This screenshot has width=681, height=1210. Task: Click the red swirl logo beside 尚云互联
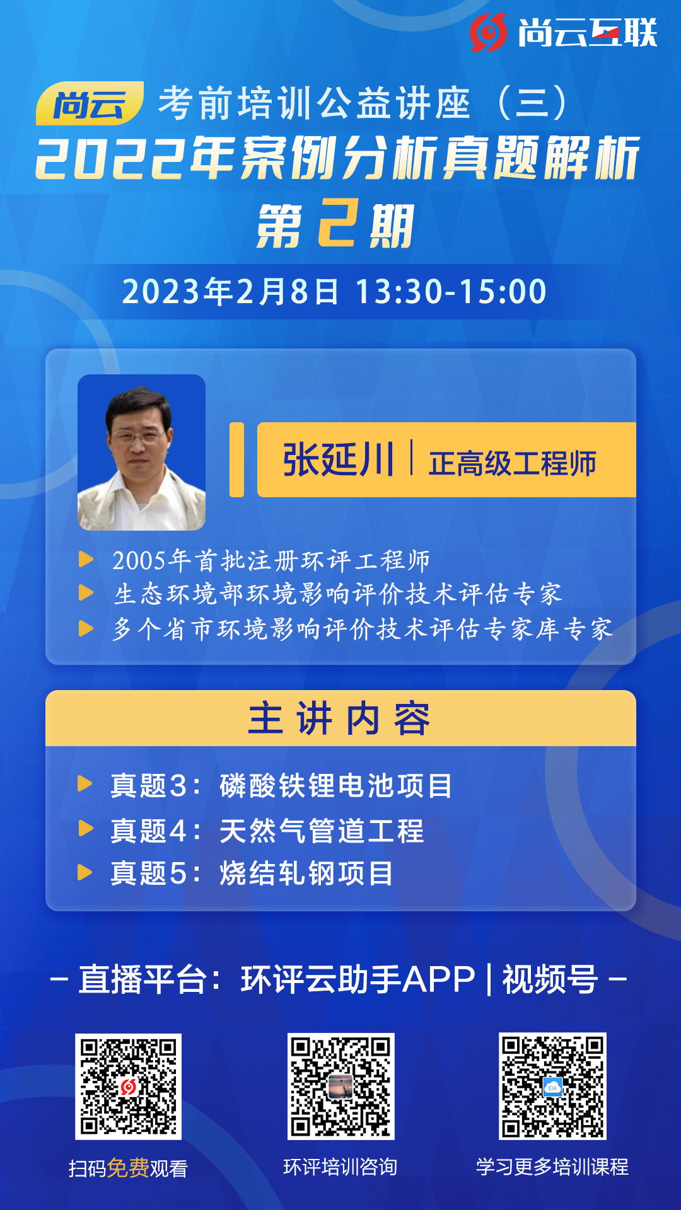point(488,32)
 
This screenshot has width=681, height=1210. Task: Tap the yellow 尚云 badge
point(90,103)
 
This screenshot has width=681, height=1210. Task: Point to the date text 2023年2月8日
point(230,292)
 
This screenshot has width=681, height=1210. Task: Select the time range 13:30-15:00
point(451,292)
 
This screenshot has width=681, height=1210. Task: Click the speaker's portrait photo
point(141,452)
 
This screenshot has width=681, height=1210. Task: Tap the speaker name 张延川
point(338,459)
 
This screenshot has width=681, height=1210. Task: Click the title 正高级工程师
point(513,463)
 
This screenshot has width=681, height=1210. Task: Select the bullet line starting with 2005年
point(271,560)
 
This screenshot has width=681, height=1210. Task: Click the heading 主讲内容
point(340,718)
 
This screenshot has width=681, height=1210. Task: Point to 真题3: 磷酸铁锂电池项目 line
point(281,786)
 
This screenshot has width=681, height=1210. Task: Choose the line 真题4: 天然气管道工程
point(267,831)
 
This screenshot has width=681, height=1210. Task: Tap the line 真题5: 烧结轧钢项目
point(252,873)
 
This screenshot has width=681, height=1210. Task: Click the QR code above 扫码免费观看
point(128,1086)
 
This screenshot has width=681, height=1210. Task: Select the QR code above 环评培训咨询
point(340,1086)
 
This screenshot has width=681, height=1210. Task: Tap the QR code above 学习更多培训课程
point(552,1086)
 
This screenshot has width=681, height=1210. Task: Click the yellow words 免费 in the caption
point(128,1168)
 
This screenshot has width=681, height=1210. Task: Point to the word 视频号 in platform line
point(550,979)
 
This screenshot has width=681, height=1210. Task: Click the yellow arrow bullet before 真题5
point(85,873)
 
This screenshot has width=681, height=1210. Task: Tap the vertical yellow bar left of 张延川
point(236,459)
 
